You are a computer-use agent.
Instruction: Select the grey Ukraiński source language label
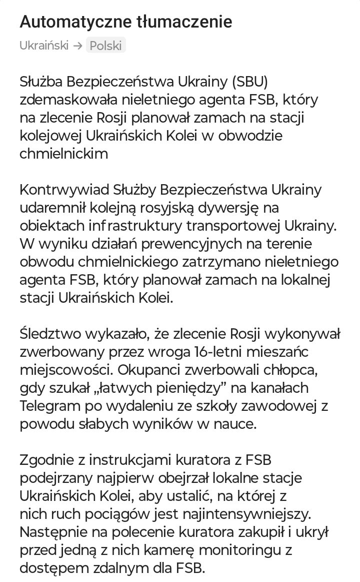click(x=44, y=46)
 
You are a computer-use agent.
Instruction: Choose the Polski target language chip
click(x=105, y=46)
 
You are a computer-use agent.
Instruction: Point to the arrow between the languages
click(x=77, y=46)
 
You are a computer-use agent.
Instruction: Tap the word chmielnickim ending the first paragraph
click(x=63, y=154)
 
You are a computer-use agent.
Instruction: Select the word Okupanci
click(x=135, y=370)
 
